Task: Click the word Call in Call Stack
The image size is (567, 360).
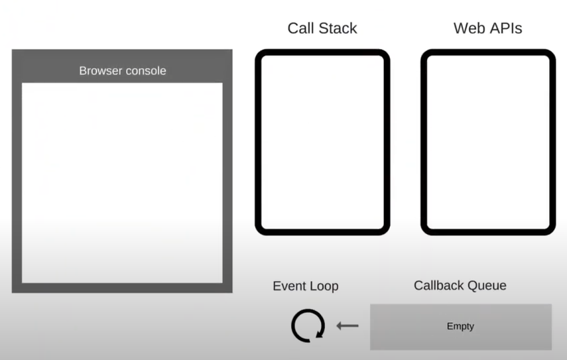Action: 301,29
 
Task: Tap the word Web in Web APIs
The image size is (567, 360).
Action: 468,29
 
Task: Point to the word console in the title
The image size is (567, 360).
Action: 146,71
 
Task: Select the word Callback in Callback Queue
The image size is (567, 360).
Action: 440,285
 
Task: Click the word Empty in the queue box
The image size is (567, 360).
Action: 460,326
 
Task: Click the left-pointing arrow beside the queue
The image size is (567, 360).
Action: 347,326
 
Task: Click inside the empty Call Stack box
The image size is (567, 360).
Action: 322,142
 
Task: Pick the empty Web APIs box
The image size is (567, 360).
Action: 488,142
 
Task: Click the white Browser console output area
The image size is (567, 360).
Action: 122,182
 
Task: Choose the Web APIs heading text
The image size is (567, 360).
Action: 487,29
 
